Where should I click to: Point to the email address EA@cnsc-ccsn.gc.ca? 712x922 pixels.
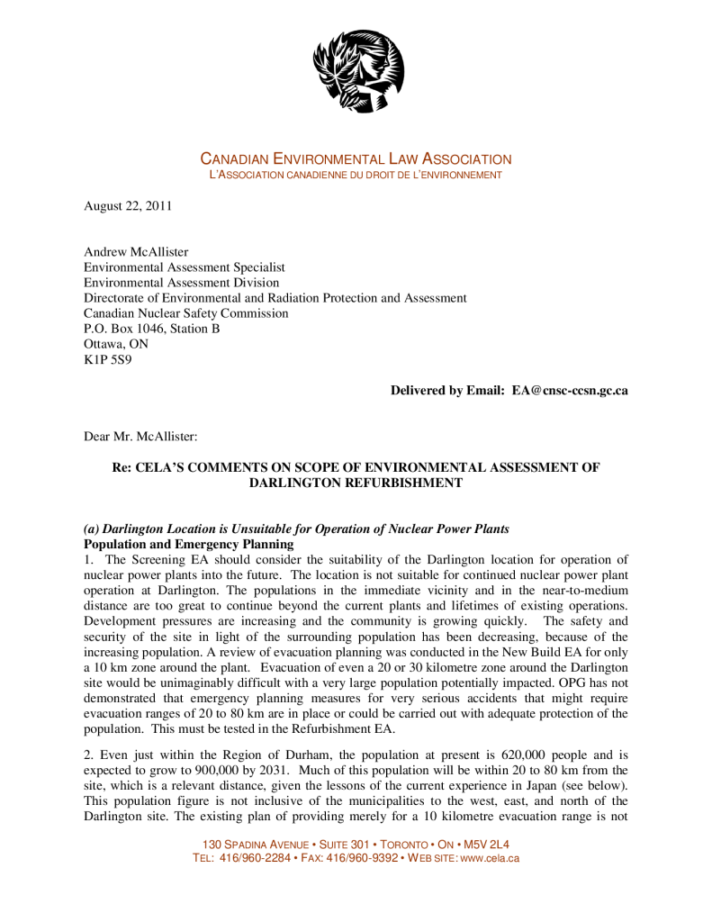(x=570, y=391)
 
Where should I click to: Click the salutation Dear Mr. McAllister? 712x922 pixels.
(x=140, y=436)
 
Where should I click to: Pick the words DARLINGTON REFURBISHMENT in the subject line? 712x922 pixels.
(x=356, y=483)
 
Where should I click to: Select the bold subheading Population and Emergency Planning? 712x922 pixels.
(x=188, y=544)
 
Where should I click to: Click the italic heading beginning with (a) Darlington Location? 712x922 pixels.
(x=296, y=529)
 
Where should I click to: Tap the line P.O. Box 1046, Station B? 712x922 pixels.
(x=151, y=329)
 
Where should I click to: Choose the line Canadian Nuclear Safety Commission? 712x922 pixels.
(x=186, y=313)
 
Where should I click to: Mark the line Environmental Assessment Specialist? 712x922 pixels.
(x=184, y=267)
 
